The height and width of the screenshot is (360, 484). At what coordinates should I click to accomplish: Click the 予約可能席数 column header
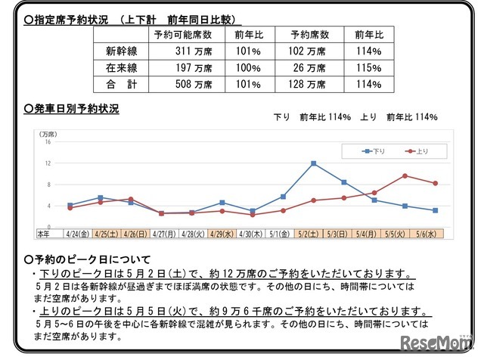click(x=182, y=35)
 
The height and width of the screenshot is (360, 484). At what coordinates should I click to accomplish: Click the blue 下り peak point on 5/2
click(x=313, y=163)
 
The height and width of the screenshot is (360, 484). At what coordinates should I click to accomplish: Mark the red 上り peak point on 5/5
click(x=405, y=175)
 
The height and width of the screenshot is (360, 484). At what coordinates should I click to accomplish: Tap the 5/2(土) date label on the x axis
click(x=313, y=234)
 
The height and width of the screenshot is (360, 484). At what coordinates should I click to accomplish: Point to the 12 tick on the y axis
click(x=47, y=163)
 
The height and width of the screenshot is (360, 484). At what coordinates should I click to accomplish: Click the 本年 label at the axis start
click(x=43, y=234)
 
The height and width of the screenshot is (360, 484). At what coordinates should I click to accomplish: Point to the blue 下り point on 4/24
click(x=70, y=205)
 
